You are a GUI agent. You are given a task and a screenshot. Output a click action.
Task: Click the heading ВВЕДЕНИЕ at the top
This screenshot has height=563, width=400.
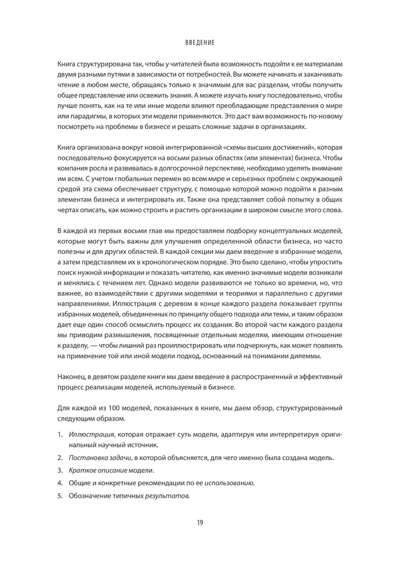pyautogui.click(x=199, y=43)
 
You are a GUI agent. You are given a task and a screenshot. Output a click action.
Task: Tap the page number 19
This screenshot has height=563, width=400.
pyautogui.click(x=199, y=522)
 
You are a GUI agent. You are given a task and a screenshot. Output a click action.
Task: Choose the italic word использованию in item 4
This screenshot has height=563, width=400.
pyautogui.click(x=229, y=482)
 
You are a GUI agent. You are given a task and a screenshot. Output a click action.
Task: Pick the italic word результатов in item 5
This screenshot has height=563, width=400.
pyautogui.click(x=167, y=495)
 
